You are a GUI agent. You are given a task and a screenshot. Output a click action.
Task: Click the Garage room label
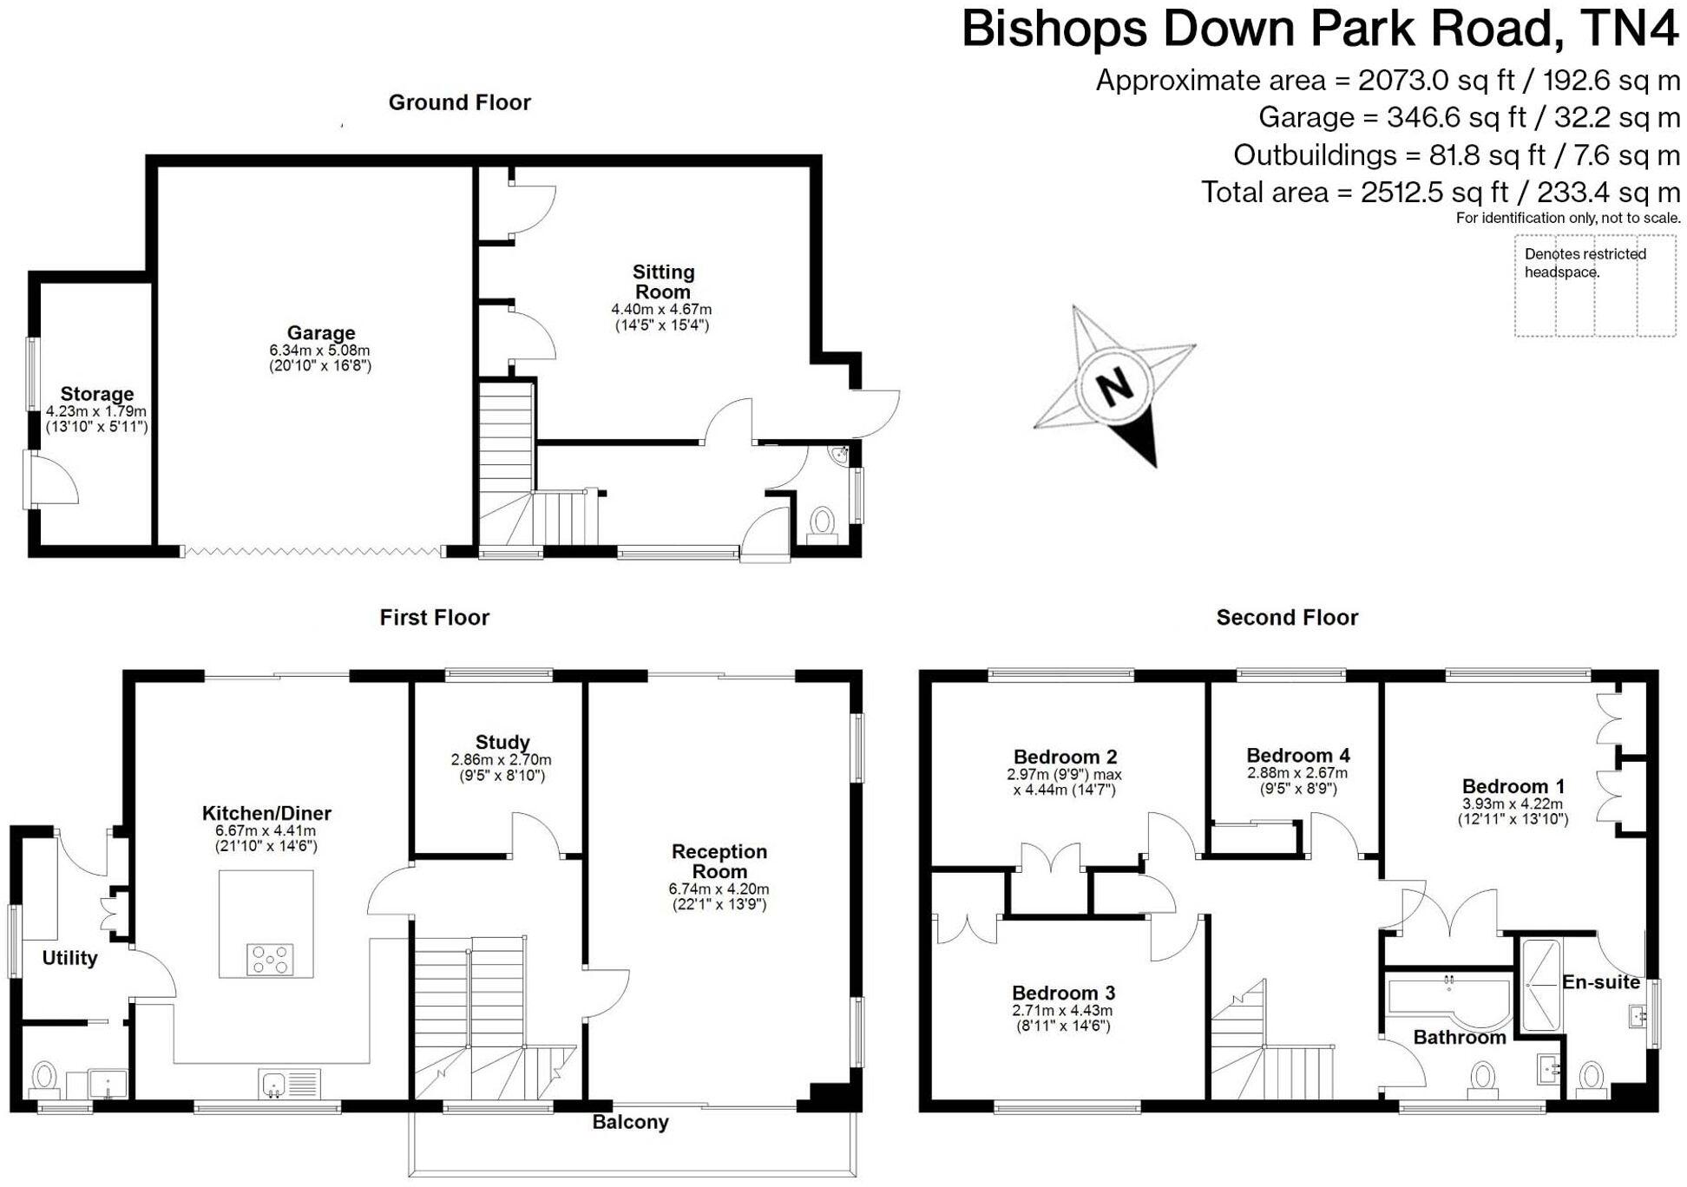coord(321,332)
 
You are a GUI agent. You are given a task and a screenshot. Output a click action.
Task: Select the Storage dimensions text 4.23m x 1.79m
coord(96,411)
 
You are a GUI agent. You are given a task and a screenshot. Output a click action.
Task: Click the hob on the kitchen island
coord(270,960)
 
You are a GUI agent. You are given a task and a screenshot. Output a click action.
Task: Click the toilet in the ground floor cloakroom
coord(821,523)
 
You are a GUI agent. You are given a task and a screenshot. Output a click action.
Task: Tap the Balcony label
coord(630,1122)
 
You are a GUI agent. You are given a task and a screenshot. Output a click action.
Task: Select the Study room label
coord(502,742)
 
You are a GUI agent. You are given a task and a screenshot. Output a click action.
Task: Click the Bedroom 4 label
coord(1297,755)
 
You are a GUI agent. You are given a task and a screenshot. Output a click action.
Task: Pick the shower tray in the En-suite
coord(1540,985)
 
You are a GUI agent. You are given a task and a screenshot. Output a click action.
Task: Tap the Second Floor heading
coord(1286,618)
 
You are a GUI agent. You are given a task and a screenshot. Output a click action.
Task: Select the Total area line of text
coord(1440,192)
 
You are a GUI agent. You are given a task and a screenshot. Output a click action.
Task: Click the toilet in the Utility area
coord(43,1079)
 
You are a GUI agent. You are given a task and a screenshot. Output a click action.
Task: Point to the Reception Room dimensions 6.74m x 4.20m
coord(719,889)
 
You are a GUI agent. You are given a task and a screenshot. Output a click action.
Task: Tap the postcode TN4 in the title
coord(1630,29)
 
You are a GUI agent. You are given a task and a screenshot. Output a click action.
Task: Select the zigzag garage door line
coord(312,550)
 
